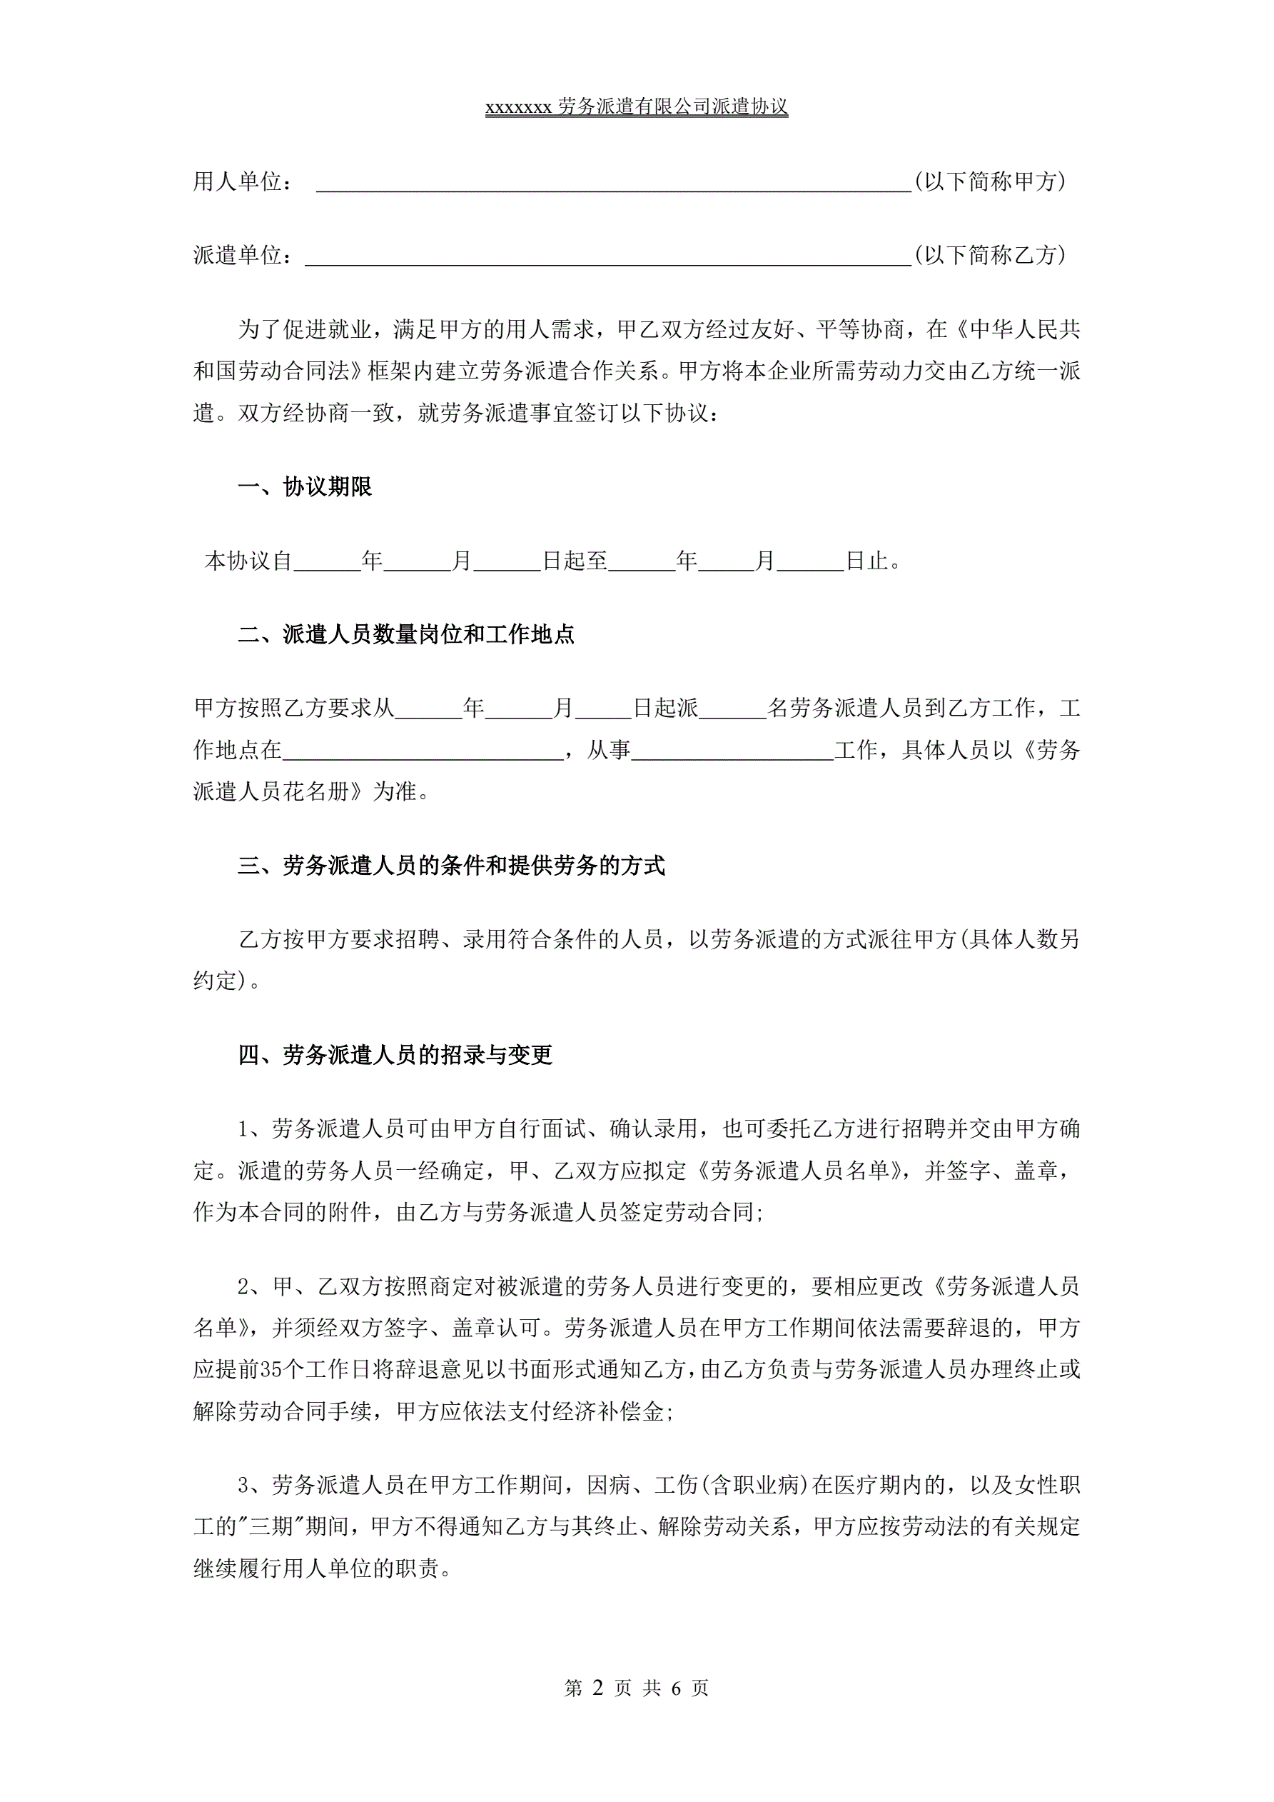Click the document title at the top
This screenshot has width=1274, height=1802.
click(636, 106)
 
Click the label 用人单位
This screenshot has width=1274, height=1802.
click(238, 182)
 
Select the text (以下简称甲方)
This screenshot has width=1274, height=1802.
click(990, 182)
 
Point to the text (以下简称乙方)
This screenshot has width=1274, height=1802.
click(990, 255)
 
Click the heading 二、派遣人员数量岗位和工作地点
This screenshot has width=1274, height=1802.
click(405, 634)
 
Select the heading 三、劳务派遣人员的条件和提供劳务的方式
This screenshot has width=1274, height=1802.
click(451, 866)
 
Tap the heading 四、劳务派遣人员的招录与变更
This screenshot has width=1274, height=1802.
click(395, 1055)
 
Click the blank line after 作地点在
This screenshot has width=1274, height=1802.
click(423, 751)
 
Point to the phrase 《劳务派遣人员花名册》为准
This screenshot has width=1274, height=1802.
click(310, 791)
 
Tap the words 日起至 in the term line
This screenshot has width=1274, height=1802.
click(575, 561)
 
